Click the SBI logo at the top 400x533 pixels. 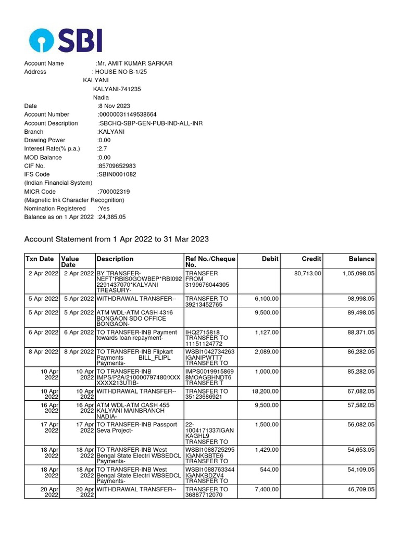point(66,40)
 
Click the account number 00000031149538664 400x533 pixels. point(128,115)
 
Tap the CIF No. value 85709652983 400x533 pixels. point(117,166)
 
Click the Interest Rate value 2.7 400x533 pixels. point(102,149)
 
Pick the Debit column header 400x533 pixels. point(270,259)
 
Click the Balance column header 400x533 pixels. point(361,259)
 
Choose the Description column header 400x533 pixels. point(115,259)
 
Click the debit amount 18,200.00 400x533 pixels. point(263,391)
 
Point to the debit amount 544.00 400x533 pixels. point(269,469)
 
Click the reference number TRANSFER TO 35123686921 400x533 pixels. point(206,394)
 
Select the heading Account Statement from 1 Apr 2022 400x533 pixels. point(117,239)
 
